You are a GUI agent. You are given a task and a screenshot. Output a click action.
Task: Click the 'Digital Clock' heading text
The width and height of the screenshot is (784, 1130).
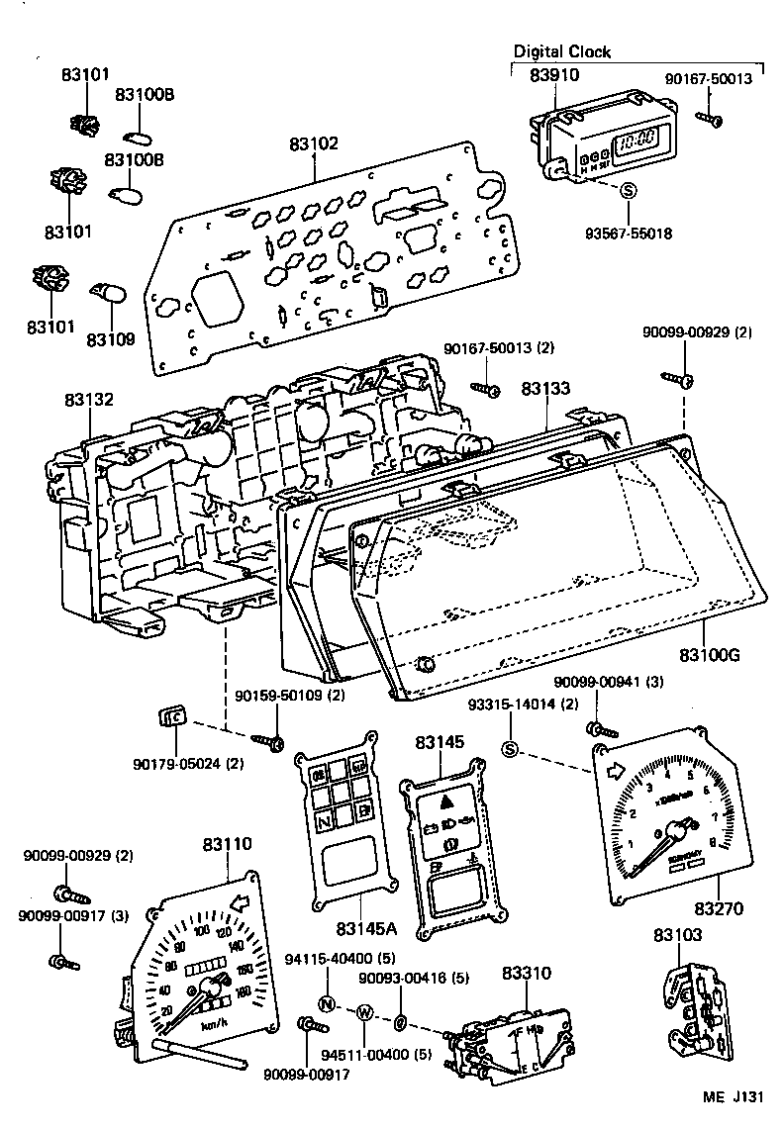pos(561,51)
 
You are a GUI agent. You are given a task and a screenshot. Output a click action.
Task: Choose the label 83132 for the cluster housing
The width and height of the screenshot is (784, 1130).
pos(90,400)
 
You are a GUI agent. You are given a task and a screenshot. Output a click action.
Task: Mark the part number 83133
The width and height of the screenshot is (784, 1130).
pos(545,390)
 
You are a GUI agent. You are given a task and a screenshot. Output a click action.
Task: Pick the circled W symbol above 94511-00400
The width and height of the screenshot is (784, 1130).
pos(364,1012)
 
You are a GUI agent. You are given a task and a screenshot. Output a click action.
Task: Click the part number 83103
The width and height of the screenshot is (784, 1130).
pos(677,933)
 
